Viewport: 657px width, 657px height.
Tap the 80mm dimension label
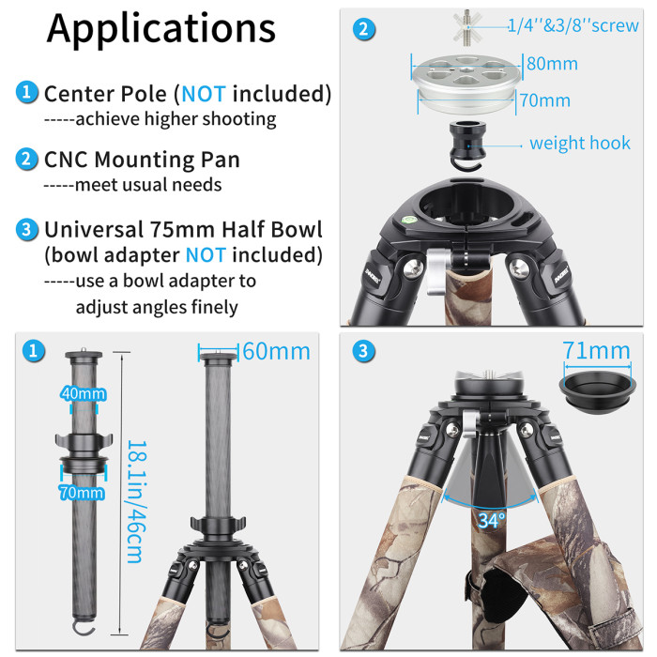click(x=551, y=65)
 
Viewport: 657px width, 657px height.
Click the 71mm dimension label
click(x=596, y=351)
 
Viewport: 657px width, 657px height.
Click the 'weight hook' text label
click(x=580, y=143)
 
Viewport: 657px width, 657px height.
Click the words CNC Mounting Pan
click(x=142, y=160)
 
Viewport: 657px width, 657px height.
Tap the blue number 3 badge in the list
click(x=27, y=229)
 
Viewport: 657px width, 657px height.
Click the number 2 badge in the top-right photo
click(x=362, y=29)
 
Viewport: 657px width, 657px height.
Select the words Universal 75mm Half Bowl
click(x=183, y=229)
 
